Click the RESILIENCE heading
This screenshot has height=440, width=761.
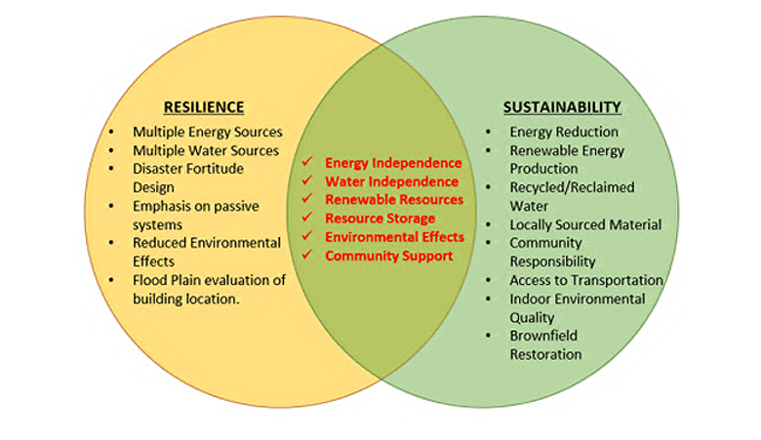[203, 107]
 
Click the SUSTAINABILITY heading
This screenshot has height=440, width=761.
[562, 107]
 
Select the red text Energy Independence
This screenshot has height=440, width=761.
[393, 163]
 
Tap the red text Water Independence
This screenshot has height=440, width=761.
[391, 181]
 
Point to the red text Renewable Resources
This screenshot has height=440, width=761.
[394, 200]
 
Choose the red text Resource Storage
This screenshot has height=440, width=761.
[380, 219]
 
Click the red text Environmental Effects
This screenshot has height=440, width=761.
[395, 237]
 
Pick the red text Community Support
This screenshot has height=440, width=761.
[389, 256]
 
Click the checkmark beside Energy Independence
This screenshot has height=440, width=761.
[307, 163]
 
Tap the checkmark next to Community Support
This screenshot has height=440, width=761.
[307, 256]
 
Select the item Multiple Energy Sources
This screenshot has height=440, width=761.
[208, 132]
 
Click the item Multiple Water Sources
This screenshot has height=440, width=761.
[206, 150]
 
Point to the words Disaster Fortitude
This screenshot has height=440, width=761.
[188, 169]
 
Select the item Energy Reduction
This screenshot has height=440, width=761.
[564, 132]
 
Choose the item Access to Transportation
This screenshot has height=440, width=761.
[586, 280]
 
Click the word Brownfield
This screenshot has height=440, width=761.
[543, 336]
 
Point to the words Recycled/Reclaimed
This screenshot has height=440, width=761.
[572, 187]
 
